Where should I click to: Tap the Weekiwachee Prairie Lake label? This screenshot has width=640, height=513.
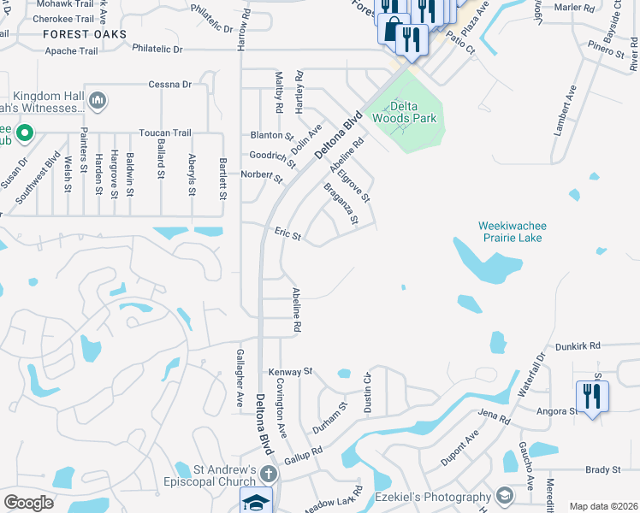[x=512, y=231]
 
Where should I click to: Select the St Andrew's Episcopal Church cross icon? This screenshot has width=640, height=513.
[x=269, y=474]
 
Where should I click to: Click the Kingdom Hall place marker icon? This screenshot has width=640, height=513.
[x=97, y=102]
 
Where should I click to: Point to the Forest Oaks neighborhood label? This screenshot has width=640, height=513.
[x=86, y=34]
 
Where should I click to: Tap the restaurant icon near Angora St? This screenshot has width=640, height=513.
[x=592, y=396]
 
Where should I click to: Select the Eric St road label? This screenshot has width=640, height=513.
[x=287, y=233]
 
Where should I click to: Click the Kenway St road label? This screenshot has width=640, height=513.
[x=291, y=372]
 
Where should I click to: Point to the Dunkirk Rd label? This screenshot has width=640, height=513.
[x=578, y=346]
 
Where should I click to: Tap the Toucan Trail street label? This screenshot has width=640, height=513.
[x=165, y=133]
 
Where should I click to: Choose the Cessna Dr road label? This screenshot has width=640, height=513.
[x=169, y=84]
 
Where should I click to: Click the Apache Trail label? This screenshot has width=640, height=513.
[x=73, y=50]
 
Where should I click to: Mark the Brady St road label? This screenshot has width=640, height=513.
[x=602, y=470]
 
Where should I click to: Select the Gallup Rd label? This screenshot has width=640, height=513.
[x=303, y=451]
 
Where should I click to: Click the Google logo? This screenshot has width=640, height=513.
[x=29, y=502]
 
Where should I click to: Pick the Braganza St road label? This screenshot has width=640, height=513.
[x=341, y=203]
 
